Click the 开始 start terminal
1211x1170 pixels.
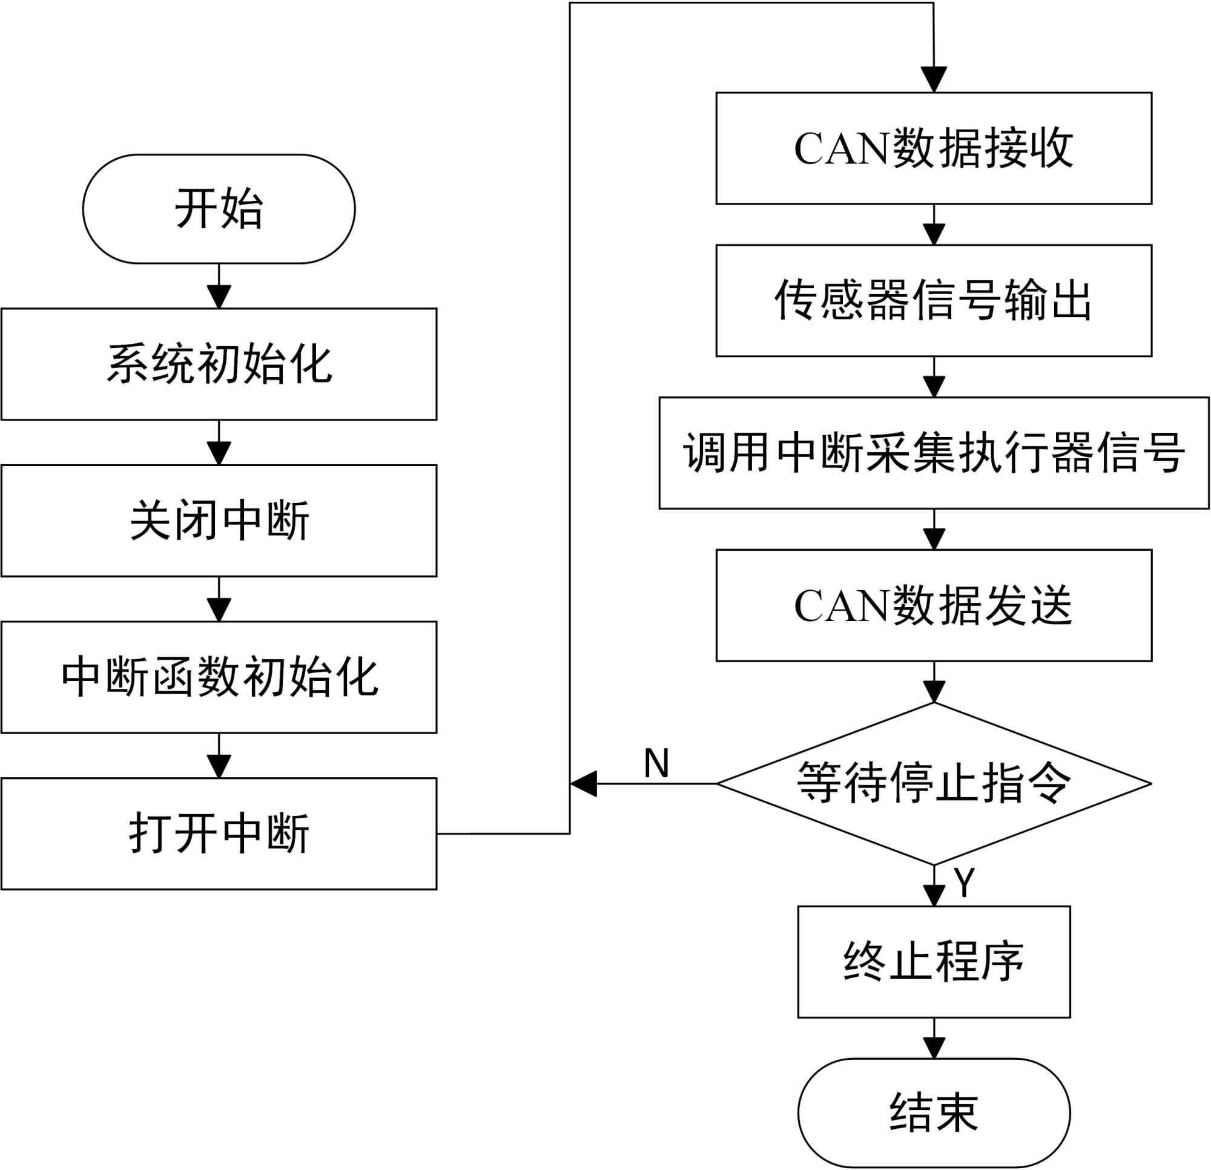pos(219,209)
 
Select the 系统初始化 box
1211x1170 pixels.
pos(219,364)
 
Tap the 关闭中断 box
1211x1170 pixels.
pos(219,521)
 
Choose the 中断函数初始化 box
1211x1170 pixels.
pos(219,677)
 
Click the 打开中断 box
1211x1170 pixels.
pos(219,833)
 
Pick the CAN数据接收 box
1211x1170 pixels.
pos(934,148)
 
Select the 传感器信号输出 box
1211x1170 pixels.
pos(934,301)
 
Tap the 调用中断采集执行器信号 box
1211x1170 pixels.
pos(934,453)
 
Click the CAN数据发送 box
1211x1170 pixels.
pos(934,605)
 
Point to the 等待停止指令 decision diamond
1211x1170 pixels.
pos(934,783)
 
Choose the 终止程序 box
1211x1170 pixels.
pos(934,962)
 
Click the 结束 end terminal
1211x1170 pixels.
pos(934,1113)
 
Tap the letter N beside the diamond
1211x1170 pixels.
pos(656,763)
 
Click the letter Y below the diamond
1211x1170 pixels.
pos(964,881)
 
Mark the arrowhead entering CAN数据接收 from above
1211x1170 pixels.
pos(934,81)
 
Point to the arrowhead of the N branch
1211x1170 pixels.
pos(583,783)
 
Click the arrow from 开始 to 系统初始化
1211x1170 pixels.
pos(219,287)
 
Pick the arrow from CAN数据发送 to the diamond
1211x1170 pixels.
pos(934,682)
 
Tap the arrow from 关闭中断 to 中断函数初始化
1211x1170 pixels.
pos(219,599)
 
